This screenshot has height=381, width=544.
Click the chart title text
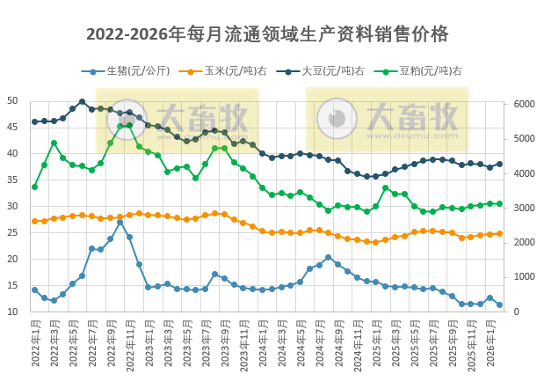(267, 34)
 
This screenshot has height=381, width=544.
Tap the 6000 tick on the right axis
(523, 104)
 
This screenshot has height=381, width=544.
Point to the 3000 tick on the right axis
(523, 208)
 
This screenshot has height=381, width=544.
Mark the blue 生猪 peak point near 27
(120, 222)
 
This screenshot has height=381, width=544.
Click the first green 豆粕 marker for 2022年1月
(34, 187)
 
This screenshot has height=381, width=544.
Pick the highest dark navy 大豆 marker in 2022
(82, 101)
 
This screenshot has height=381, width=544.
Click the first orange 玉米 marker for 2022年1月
(34, 221)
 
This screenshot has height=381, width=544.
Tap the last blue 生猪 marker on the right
(500, 305)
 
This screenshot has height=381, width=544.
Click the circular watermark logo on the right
(332, 119)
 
